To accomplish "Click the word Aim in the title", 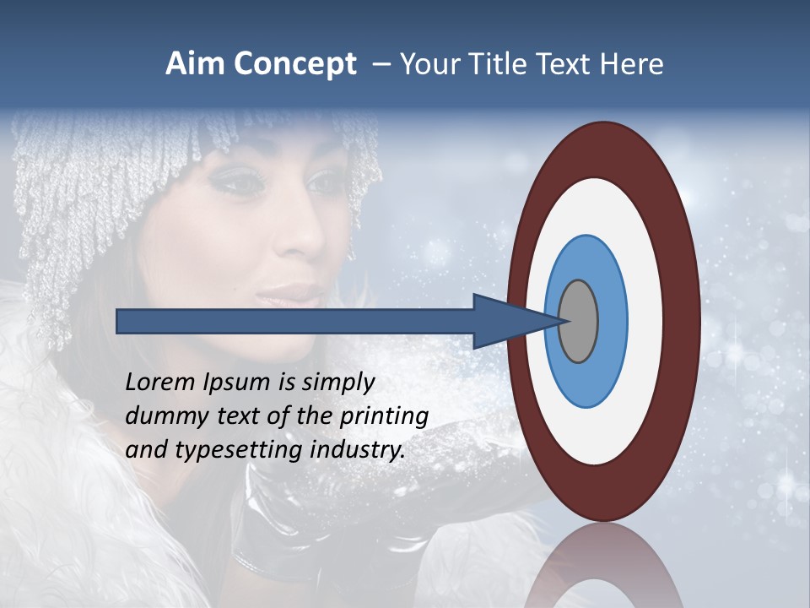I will [195, 64].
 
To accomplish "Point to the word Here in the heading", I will [631, 64].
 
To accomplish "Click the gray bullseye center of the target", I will [579, 321].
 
